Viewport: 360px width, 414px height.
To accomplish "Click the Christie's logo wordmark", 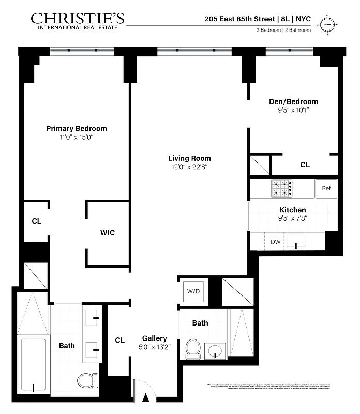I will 77,19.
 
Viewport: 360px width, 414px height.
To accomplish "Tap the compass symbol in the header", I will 328,24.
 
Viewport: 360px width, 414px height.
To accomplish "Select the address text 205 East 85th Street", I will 240,18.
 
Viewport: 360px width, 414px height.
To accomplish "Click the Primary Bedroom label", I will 77,128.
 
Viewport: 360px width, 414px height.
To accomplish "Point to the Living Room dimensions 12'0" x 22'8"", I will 189,167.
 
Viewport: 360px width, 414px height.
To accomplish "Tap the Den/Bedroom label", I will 293,101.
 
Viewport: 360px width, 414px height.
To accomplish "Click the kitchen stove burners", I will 281,188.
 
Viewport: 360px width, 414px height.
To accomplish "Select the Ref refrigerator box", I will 326,188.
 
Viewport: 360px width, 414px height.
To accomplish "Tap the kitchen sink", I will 296,241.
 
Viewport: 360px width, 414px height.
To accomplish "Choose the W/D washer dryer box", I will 193,291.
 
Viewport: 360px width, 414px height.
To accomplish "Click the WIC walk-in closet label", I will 107,233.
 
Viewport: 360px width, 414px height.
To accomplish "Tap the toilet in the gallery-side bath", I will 193,348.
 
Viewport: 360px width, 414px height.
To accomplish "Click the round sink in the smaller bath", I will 215,351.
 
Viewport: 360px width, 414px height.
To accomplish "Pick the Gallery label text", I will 155,338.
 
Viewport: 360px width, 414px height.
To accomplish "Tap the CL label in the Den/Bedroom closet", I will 305,165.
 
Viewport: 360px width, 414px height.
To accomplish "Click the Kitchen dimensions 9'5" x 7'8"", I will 293,218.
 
